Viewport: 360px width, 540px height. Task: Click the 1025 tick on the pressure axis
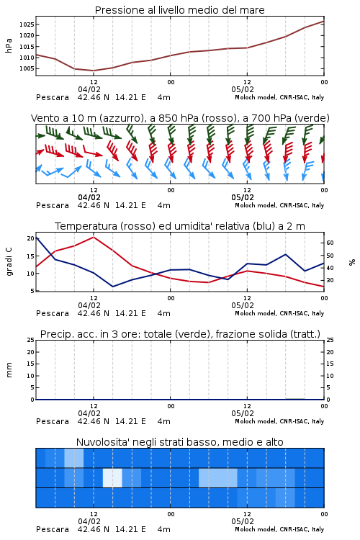point(27,24)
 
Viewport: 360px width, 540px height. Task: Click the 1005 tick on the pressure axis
point(27,68)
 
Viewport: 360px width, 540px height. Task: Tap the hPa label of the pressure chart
point(9,45)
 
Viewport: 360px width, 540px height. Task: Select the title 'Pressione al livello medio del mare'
point(180,10)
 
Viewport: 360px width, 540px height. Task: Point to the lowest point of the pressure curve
point(94,71)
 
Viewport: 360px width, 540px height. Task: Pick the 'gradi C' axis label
point(9,262)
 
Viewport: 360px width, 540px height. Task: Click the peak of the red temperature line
point(94,237)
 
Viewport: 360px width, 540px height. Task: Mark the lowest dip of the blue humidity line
point(112,287)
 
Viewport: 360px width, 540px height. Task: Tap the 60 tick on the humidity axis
point(330,243)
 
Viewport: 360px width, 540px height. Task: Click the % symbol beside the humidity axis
point(352,262)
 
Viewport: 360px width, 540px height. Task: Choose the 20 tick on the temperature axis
point(31,238)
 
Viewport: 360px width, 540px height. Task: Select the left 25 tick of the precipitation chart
point(31,340)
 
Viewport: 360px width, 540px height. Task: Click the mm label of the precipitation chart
point(9,370)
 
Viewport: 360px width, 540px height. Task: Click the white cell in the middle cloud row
point(112,477)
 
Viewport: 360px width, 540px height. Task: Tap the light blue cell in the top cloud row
point(74,458)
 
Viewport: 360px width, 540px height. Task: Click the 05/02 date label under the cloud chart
point(243,521)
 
